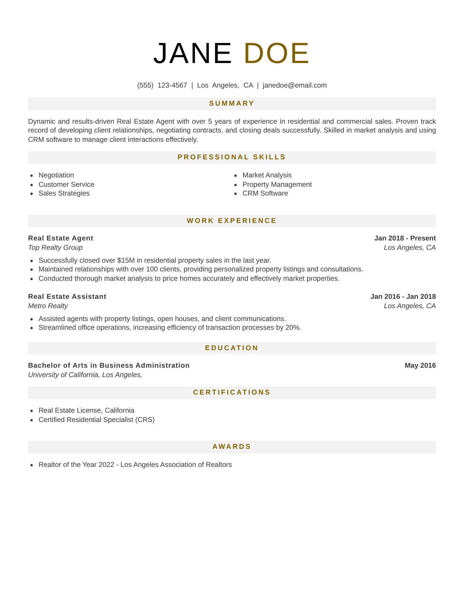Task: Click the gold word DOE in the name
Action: pyautogui.click(x=276, y=53)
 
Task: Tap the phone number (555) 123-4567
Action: pyautogui.click(x=162, y=85)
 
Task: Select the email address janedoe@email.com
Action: pyautogui.click(x=295, y=85)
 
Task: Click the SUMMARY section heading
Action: pyautogui.click(x=232, y=104)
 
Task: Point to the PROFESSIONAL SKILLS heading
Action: pyautogui.click(x=232, y=157)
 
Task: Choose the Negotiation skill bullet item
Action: pyautogui.click(x=56, y=175)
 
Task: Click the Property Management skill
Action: pyautogui.click(x=277, y=184)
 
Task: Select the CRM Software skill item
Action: pyautogui.click(x=265, y=193)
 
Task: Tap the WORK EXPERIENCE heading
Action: pyautogui.click(x=232, y=221)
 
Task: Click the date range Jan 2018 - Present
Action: pyautogui.click(x=405, y=238)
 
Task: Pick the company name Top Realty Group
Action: pyautogui.click(x=55, y=247)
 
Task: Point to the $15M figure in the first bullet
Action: pyautogui.click(x=126, y=260)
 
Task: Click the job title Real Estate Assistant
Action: pyautogui.click(x=67, y=296)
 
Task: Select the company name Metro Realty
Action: pyautogui.click(x=48, y=306)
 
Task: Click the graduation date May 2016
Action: pyautogui.click(x=420, y=365)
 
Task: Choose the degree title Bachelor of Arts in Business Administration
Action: pyautogui.click(x=109, y=365)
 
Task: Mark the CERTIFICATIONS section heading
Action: pyautogui.click(x=232, y=393)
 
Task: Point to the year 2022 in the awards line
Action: pyautogui.click(x=106, y=465)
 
